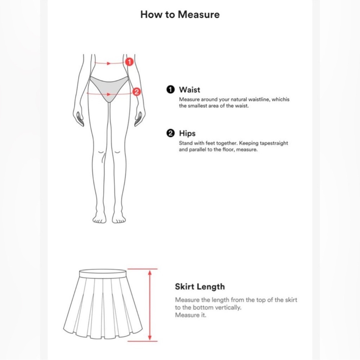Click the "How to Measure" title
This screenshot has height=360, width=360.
tap(180, 14)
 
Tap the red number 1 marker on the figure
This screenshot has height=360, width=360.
tap(129, 62)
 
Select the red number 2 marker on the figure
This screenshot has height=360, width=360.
tap(136, 92)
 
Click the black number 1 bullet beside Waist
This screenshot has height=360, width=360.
tap(170, 90)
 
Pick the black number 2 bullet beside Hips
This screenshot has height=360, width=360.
tap(170, 133)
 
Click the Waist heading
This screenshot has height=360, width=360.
tap(189, 90)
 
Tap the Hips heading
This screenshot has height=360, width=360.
tap(187, 134)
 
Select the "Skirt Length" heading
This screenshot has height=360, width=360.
tap(200, 287)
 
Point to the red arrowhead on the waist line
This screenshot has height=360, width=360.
tap(109, 63)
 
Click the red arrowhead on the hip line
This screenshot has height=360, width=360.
tap(109, 94)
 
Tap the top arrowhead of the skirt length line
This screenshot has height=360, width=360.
tap(150, 273)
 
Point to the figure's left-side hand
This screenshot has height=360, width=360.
tap(78, 118)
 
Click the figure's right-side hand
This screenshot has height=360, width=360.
tap(140, 118)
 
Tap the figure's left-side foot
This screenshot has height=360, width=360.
tap(99, 219)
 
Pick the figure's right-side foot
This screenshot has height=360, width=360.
tap(119, 219)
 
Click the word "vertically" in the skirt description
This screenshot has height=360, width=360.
tap(228, 308)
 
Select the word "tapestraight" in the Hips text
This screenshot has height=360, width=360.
tap(274, 143)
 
